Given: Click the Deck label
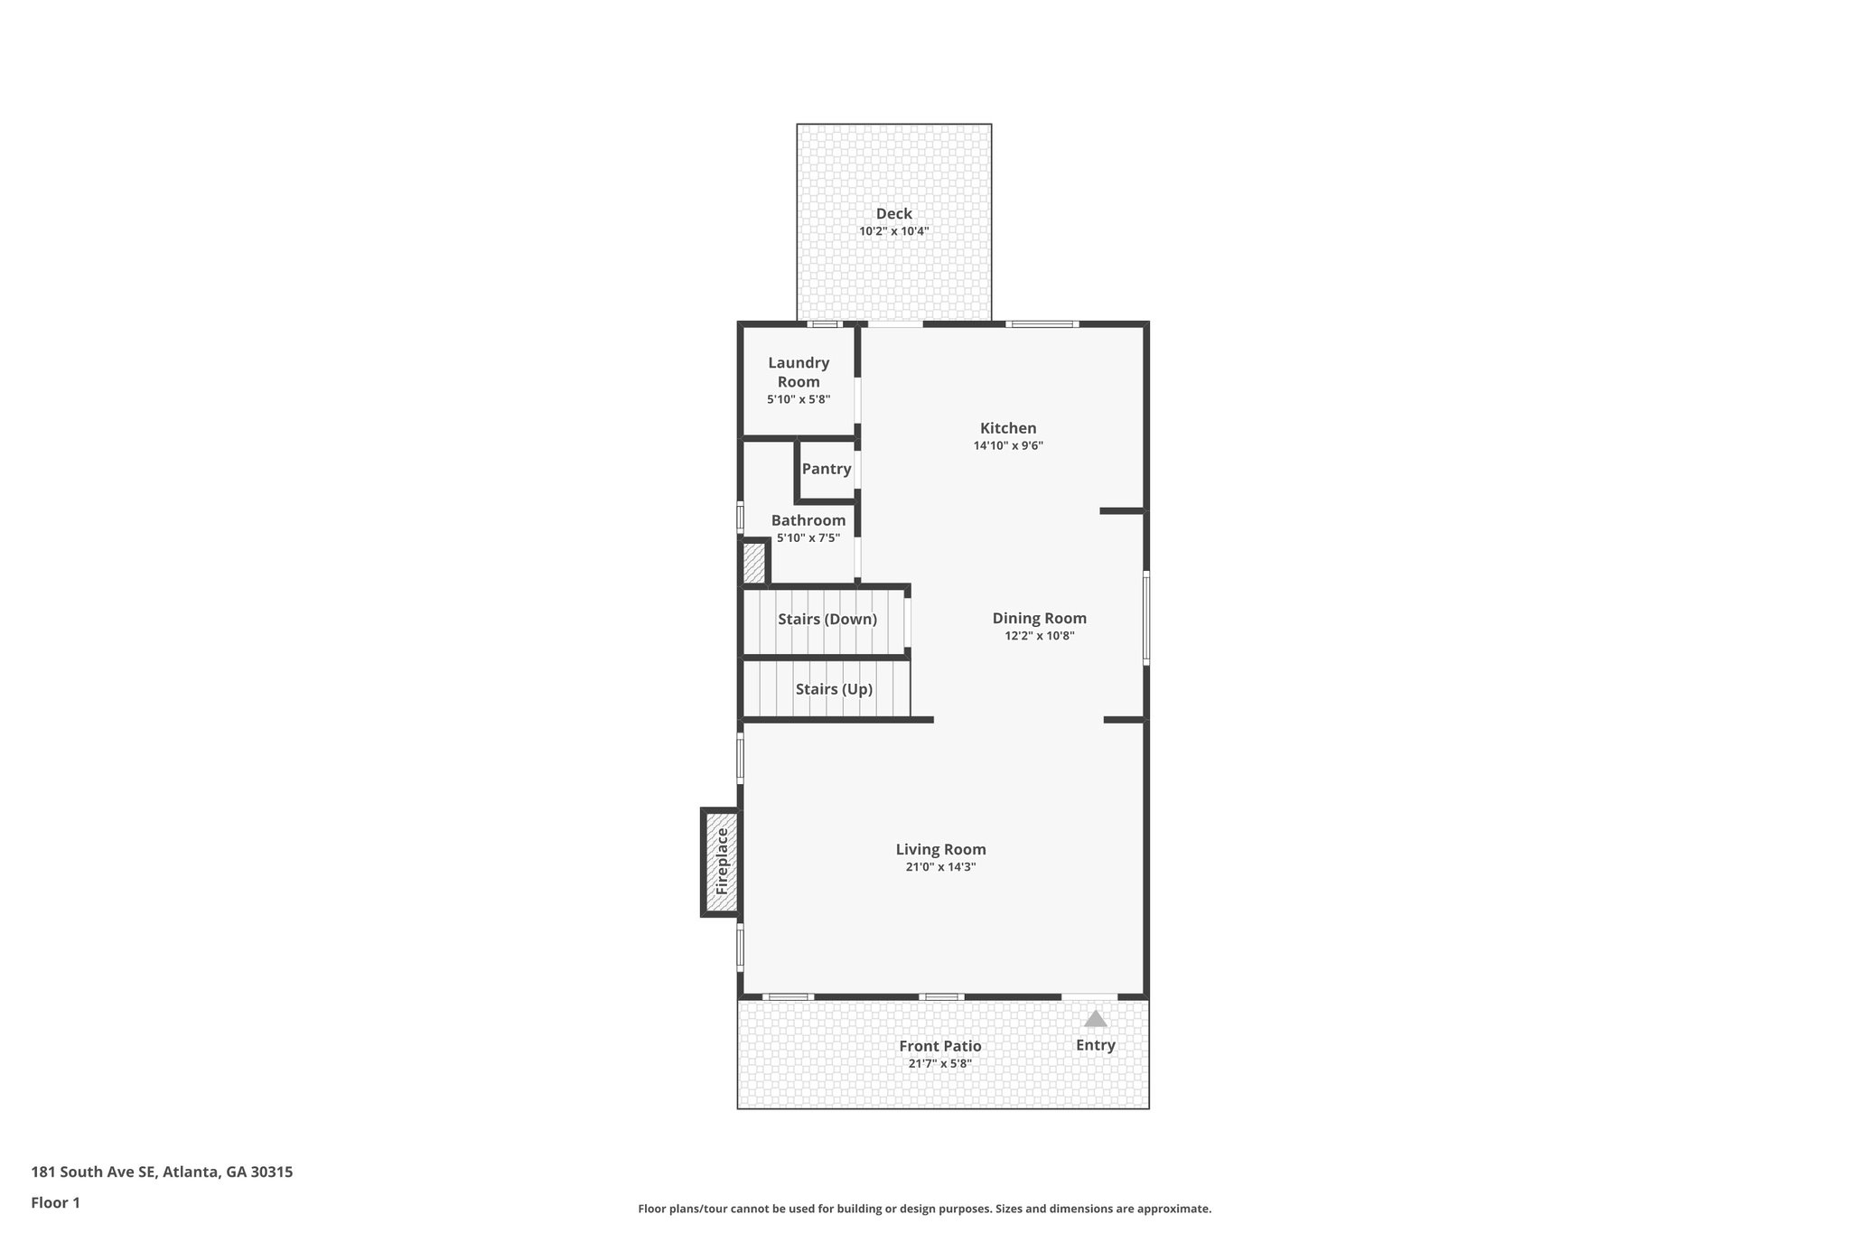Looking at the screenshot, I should tap(893, 214).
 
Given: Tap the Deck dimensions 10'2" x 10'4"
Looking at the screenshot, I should tap(893, 231).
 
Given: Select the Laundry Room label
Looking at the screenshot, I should tap(799, 372).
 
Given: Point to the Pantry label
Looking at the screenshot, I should tap(827, 469).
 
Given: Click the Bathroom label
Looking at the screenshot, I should tap(808, 520).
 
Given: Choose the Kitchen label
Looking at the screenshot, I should tap(1008, 428).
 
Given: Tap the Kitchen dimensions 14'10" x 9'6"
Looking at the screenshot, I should tap(1008, 445).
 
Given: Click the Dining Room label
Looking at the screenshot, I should tap(1039, 619).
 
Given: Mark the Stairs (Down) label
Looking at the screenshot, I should tap(827, 620).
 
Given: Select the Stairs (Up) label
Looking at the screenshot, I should tap(834, 689).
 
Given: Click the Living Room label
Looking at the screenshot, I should tap(940, 849).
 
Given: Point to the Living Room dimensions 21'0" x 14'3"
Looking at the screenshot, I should tap(940, 867).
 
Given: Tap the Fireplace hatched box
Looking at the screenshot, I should tap(722, 863).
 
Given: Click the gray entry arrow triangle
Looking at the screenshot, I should tap(1095, 1019).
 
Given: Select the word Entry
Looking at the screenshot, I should tap(1095, 1045).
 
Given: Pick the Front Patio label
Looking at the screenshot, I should tap(939, 1046).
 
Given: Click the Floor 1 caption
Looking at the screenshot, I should tap(56, 1202).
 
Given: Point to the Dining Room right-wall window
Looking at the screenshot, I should tap(1146, 618).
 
